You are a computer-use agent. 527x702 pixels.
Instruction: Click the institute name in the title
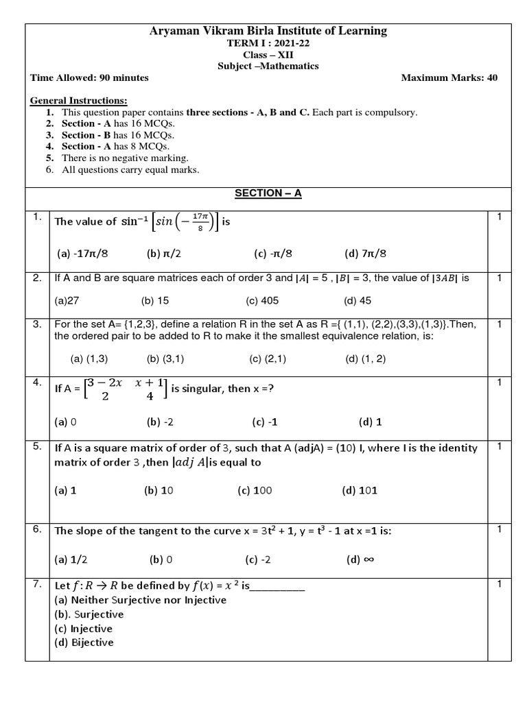[x=268, y=31]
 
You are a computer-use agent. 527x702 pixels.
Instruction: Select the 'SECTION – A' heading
[x=268, y=193]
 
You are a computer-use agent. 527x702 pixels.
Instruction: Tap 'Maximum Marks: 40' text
[x=449, y=77]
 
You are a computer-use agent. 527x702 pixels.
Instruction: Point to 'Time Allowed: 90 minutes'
[x=89, y=77]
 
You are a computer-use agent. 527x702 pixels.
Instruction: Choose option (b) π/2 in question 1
[x=163, y=254]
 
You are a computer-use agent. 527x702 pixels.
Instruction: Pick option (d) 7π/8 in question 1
[x=365, y=254]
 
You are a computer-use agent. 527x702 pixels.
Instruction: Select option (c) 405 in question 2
[x=261, y=300]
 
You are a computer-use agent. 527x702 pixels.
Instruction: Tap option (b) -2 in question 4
[x=159, y=422]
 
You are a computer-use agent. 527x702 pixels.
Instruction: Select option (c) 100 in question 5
[x=255, y=490]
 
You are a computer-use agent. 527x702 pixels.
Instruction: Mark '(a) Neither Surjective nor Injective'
[x=140, y=600]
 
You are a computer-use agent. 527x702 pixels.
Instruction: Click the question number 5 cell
[x=37, y=447]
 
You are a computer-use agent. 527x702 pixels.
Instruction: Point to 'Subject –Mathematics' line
[x=268, y=66]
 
